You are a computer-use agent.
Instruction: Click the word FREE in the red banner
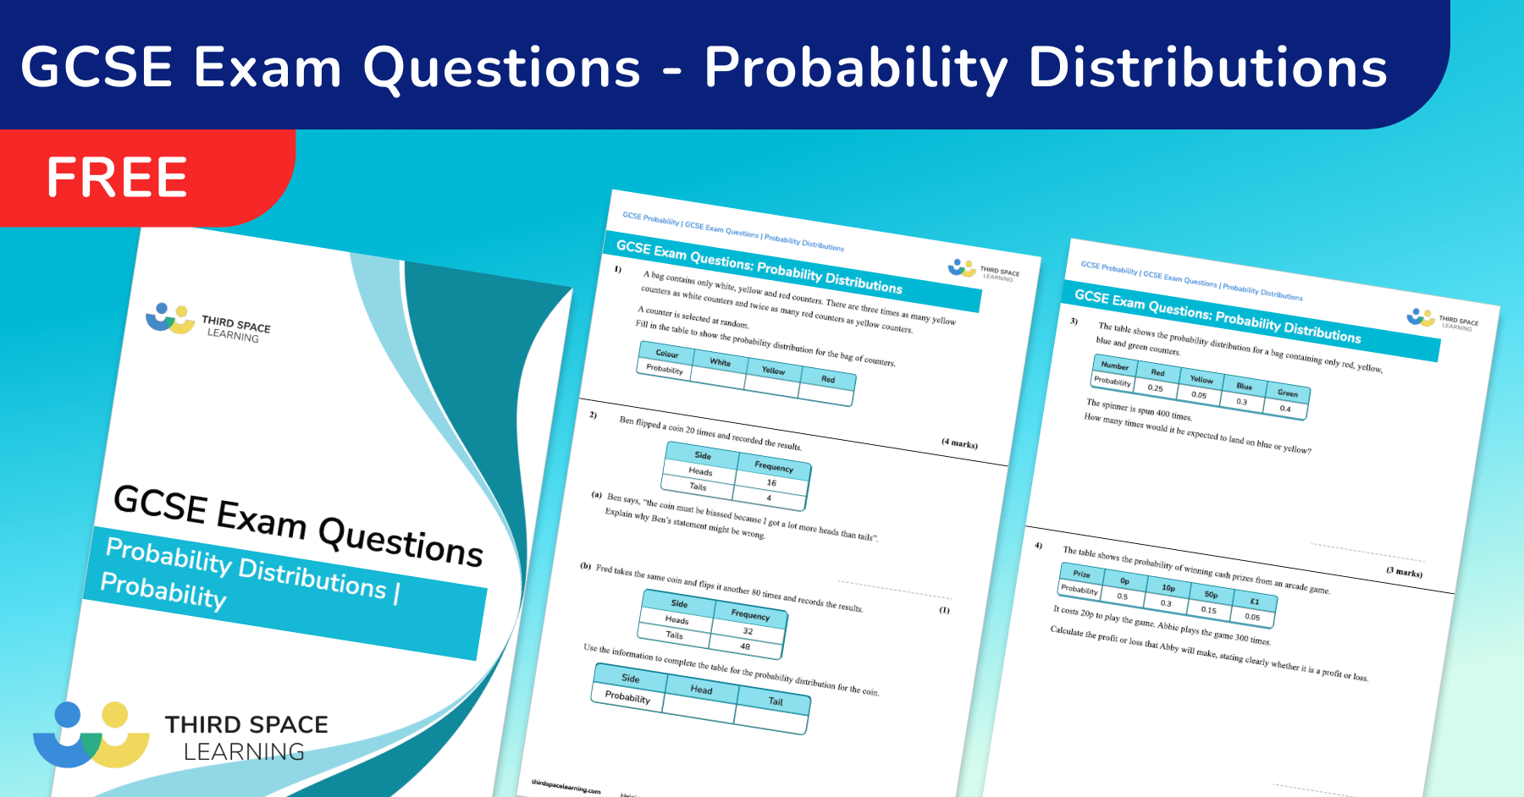(117, 178)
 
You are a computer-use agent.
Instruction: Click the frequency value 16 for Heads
(771, 482)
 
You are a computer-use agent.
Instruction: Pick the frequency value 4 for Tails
(769, 497)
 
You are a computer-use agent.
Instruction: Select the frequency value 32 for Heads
(748, 631)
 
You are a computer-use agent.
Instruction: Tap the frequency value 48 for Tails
(745, 646)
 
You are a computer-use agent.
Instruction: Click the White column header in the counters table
(720, 362)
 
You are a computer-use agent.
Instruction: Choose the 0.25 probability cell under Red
(1155, 388)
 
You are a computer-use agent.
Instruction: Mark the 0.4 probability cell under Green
(1285, 409)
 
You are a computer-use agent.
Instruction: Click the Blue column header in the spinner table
(1244, 386)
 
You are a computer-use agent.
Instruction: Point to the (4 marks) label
(959, 443)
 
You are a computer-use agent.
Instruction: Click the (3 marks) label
(1404, 572)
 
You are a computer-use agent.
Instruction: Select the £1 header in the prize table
(1255, 602)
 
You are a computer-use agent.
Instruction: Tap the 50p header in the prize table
(1212, 595)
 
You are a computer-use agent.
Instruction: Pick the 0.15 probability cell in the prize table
(1208, 610)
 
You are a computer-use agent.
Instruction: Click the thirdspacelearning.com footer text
(566, 787)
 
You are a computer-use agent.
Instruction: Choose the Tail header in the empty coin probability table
(776, 701)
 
